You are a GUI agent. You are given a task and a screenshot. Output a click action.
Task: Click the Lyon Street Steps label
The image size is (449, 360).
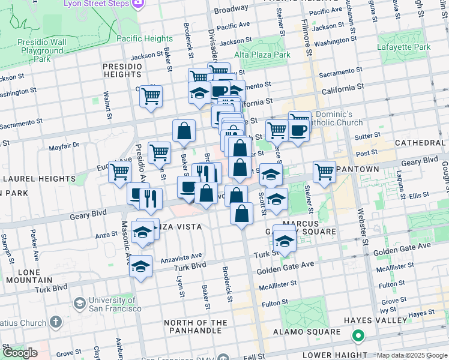tap(97, 4)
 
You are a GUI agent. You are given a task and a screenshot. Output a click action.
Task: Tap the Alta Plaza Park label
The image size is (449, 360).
tap(262, 55)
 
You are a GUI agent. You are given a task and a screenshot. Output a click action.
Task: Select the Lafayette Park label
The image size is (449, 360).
tap(404, 47)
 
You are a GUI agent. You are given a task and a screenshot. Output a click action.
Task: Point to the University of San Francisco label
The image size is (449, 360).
tap(115, 304)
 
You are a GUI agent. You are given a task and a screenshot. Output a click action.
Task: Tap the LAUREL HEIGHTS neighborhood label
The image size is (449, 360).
tap(37, 179)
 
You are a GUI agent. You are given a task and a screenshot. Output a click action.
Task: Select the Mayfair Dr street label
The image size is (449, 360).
tap(64, 145)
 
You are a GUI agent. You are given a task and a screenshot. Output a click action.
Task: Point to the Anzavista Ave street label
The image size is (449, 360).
tap(181, 258)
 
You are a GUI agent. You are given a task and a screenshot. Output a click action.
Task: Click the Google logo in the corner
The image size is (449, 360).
tap(20, 353)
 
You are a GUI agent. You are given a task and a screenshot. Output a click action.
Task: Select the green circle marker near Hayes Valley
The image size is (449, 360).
tap(358, 336)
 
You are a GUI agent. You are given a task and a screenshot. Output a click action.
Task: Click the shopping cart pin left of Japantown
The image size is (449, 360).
tap(324, 171)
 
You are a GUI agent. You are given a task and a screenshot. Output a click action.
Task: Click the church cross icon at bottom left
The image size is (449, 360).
tap(56, 322)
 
